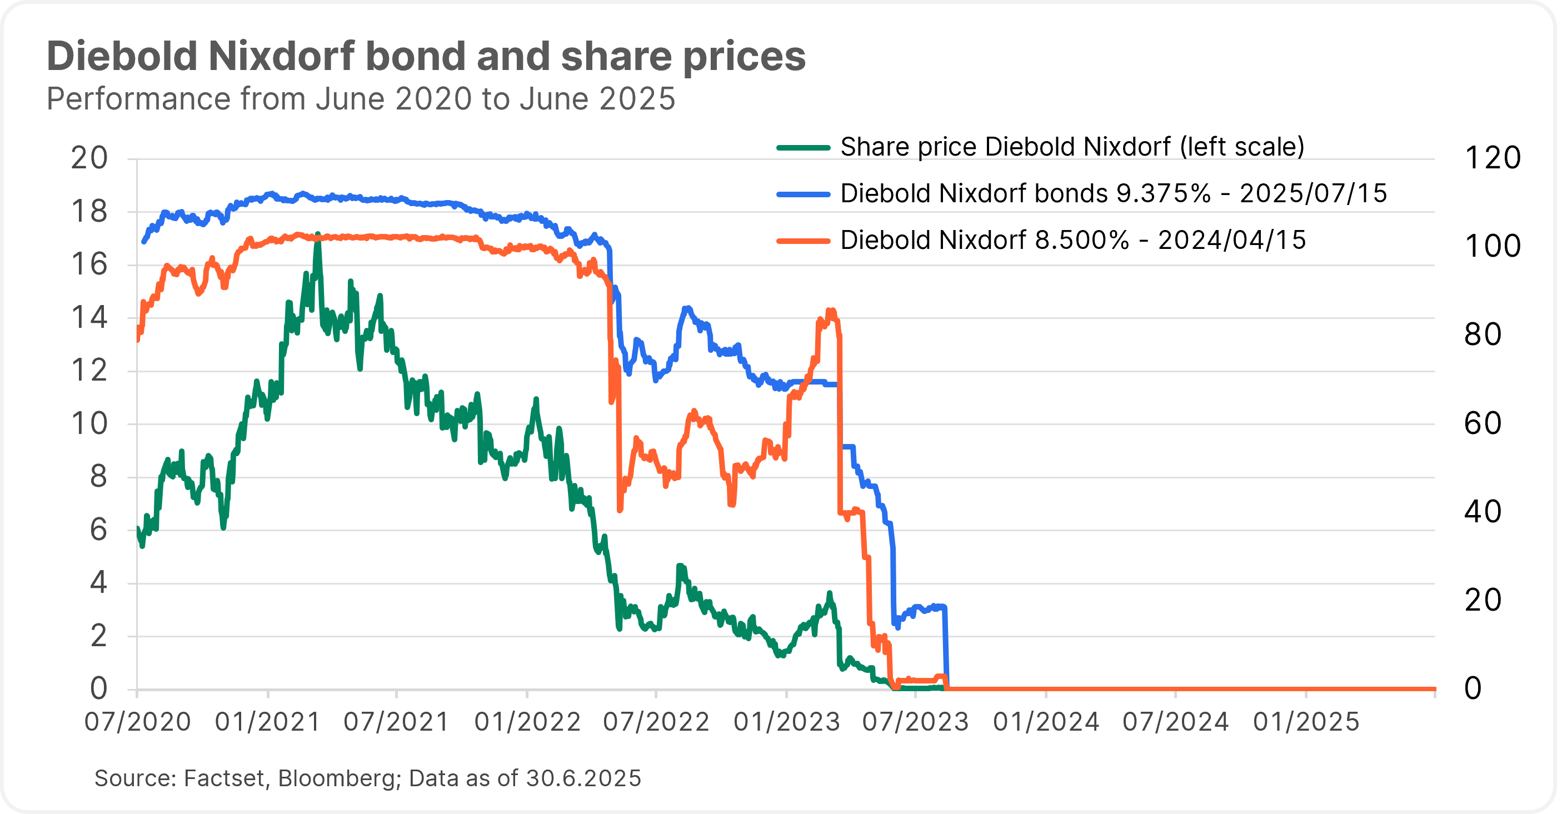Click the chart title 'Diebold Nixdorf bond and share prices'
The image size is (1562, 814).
tap(426, 56)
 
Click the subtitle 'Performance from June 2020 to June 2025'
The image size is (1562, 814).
tap(361, 99)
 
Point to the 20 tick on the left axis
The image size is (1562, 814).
tap(89, 158)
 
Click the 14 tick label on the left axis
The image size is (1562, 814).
tap(89, 318)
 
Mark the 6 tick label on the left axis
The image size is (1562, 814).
tap(98, 530)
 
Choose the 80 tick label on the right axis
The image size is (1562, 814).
tap(1483, 334)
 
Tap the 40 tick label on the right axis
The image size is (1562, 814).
tap(1483, 512)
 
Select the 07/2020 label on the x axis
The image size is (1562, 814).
tap(138, 722)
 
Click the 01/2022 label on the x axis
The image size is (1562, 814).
tap(527, 722)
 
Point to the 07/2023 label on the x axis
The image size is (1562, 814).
tap(916, 722)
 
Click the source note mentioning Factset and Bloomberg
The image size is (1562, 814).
tap(367, 778)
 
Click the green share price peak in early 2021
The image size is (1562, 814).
tap(318, 234)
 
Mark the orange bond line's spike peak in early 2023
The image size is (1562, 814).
tap(831, 311)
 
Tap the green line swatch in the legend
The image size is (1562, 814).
tap(803, 147)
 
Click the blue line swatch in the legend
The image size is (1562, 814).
tap(803, 194)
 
